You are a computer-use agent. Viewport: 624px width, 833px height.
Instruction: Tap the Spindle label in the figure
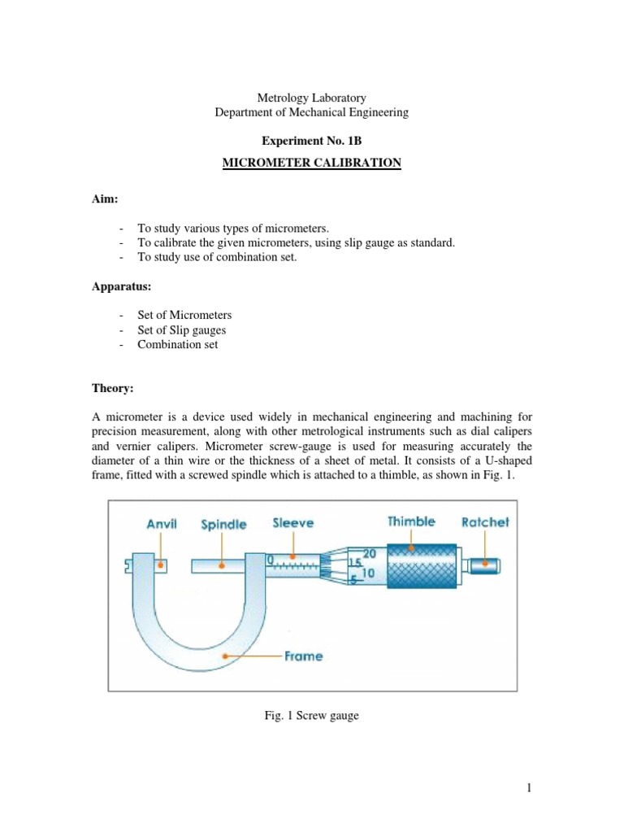click(x=223, y=526)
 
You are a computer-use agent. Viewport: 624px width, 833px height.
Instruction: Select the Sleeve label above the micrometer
click(x=293, y=524)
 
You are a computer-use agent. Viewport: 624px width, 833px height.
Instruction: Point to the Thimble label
click(x=411, y=522)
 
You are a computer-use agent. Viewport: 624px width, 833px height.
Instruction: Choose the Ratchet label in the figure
click(x=485, y=522)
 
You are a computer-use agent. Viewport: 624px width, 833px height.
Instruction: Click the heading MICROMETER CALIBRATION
click(x=312, y=163)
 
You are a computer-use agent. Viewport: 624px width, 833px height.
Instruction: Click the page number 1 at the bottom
click(x=526, y=787)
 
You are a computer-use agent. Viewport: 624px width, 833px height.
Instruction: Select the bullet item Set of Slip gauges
click(x=181, y=329)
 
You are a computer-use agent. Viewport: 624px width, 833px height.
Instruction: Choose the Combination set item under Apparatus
click(x=177, y=344)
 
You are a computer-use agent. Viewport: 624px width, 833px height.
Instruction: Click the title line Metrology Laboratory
click(x=312, y=98)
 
